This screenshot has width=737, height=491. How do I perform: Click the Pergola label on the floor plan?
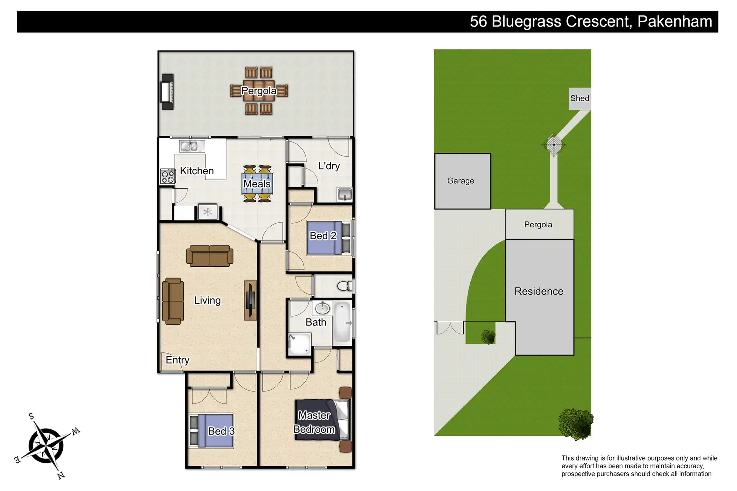pos(258,91)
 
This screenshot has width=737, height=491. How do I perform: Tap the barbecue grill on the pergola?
pos(167,92)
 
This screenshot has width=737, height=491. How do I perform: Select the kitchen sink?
pos(189,146)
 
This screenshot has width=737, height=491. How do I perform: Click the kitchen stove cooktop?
pos(168,176)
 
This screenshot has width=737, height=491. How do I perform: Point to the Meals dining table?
pos(257,184)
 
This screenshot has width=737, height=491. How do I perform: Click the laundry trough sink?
pos(345,194)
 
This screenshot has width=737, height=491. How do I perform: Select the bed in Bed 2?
pos(326,237)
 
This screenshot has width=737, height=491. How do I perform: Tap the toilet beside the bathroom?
pos(344,286)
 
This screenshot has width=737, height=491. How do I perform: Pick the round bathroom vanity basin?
pos(322,307)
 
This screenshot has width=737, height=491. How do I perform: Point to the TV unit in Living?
pos(250,300)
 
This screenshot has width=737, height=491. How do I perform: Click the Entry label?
pos(177,360)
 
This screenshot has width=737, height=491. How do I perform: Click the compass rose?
pos(46,445)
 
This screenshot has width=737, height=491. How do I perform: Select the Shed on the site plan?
pos(580,98)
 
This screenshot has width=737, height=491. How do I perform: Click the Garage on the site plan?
pos(462,181)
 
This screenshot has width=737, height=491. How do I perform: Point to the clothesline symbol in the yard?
pos(554,145)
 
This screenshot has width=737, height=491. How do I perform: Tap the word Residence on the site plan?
pos(539,291)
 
